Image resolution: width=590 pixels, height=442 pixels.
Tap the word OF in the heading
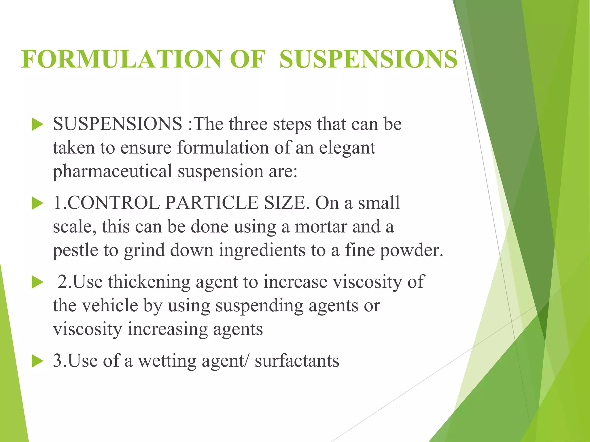(247, 59)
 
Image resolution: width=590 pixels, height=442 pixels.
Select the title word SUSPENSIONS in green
(368, 59)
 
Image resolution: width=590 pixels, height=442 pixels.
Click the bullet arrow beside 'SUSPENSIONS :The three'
(37, 125)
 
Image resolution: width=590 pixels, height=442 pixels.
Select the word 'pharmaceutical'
(112, 172)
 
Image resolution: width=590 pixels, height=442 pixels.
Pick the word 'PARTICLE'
(212, 203)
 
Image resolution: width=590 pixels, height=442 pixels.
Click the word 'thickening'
(149, 282)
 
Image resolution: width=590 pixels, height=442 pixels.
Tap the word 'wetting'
(167, 361)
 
